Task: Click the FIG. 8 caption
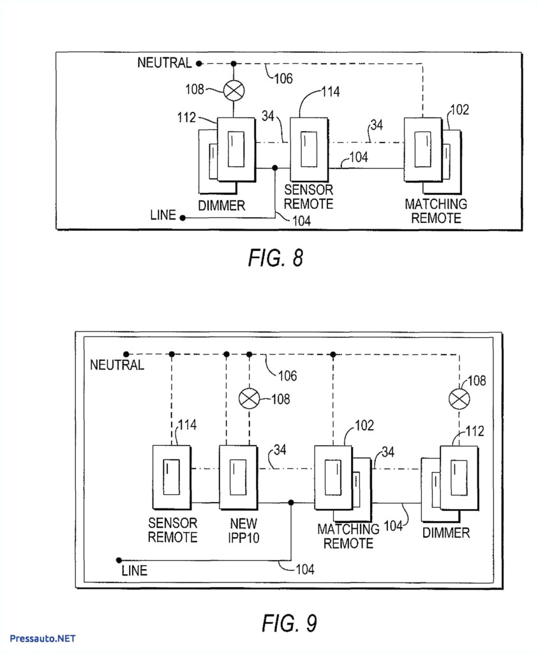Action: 275,258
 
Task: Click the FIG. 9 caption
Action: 288,622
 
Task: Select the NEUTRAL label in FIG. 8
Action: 164,63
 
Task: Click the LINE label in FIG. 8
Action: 163,216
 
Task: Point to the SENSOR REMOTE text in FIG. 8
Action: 309,197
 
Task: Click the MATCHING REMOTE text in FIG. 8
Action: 436,211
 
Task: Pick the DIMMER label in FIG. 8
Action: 221,206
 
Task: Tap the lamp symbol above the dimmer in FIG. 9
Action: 459,400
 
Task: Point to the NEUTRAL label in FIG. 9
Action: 117,365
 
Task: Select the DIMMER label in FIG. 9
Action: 446,533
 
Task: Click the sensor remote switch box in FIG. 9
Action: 171,478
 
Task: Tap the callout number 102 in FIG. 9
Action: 364,425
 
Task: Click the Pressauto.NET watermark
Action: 43,638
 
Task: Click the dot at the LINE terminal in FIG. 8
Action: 183,218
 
